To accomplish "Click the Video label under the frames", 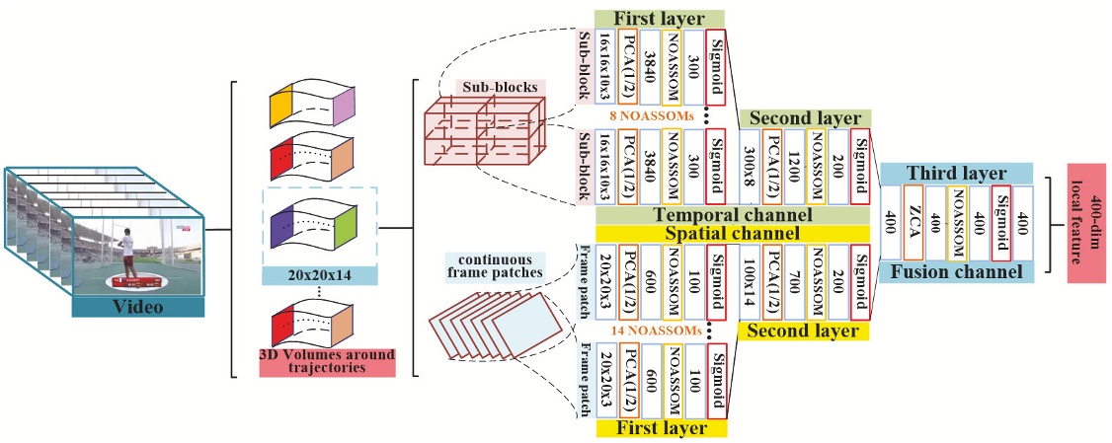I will coord(138,307).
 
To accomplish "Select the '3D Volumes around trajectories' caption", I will coord(327,361).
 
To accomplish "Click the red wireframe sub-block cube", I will coord(479,138).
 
